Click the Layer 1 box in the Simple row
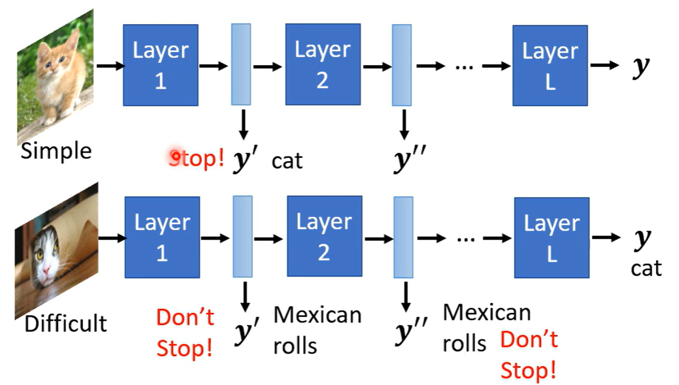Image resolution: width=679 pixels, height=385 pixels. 160,65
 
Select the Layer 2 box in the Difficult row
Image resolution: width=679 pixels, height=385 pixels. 323,236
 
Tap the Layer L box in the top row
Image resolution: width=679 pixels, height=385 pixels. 549,65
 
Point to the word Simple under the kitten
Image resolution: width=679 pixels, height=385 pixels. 56,151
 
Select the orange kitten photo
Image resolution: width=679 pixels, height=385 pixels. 55,76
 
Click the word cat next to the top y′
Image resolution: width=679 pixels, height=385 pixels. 287,161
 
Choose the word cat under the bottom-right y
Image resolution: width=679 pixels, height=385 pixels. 646,268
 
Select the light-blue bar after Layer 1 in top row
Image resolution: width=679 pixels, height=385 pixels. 241,64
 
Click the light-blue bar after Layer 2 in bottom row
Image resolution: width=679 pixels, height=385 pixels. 403,237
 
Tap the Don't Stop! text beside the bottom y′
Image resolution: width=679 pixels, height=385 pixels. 185,333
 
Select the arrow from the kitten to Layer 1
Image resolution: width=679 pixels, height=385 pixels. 109,66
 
